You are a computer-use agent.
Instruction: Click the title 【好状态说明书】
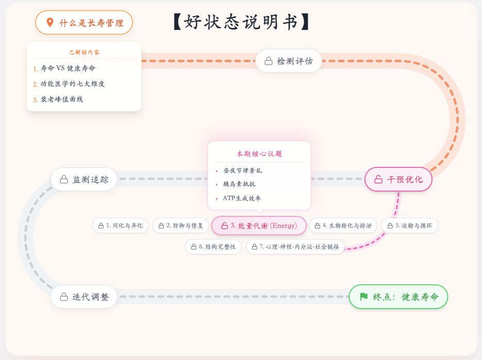(241, 22)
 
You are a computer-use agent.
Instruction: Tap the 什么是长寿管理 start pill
(84, 23)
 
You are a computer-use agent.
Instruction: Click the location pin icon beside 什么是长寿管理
(50, 23)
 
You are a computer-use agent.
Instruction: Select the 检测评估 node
(289, 61)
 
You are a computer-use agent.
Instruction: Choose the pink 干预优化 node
(398, 179)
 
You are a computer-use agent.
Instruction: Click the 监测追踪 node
(84, 179)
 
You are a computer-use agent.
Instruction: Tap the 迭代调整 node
(84, 297)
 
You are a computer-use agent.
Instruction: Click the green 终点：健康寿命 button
(398, 297)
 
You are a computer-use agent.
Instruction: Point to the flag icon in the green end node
(363, 297)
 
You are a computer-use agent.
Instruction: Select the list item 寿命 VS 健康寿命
(68, 68)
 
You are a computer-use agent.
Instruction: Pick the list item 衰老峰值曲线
(61, 99)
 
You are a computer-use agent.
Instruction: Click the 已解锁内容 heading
(85, 52)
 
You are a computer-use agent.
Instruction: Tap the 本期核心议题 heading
(259, 153)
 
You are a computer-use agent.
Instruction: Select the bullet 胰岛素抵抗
(239, 184)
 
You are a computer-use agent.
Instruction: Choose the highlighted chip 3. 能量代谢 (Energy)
(259, 226)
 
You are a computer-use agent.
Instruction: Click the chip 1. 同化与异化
(120, 226)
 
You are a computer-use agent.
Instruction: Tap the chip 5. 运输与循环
(410, 226)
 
